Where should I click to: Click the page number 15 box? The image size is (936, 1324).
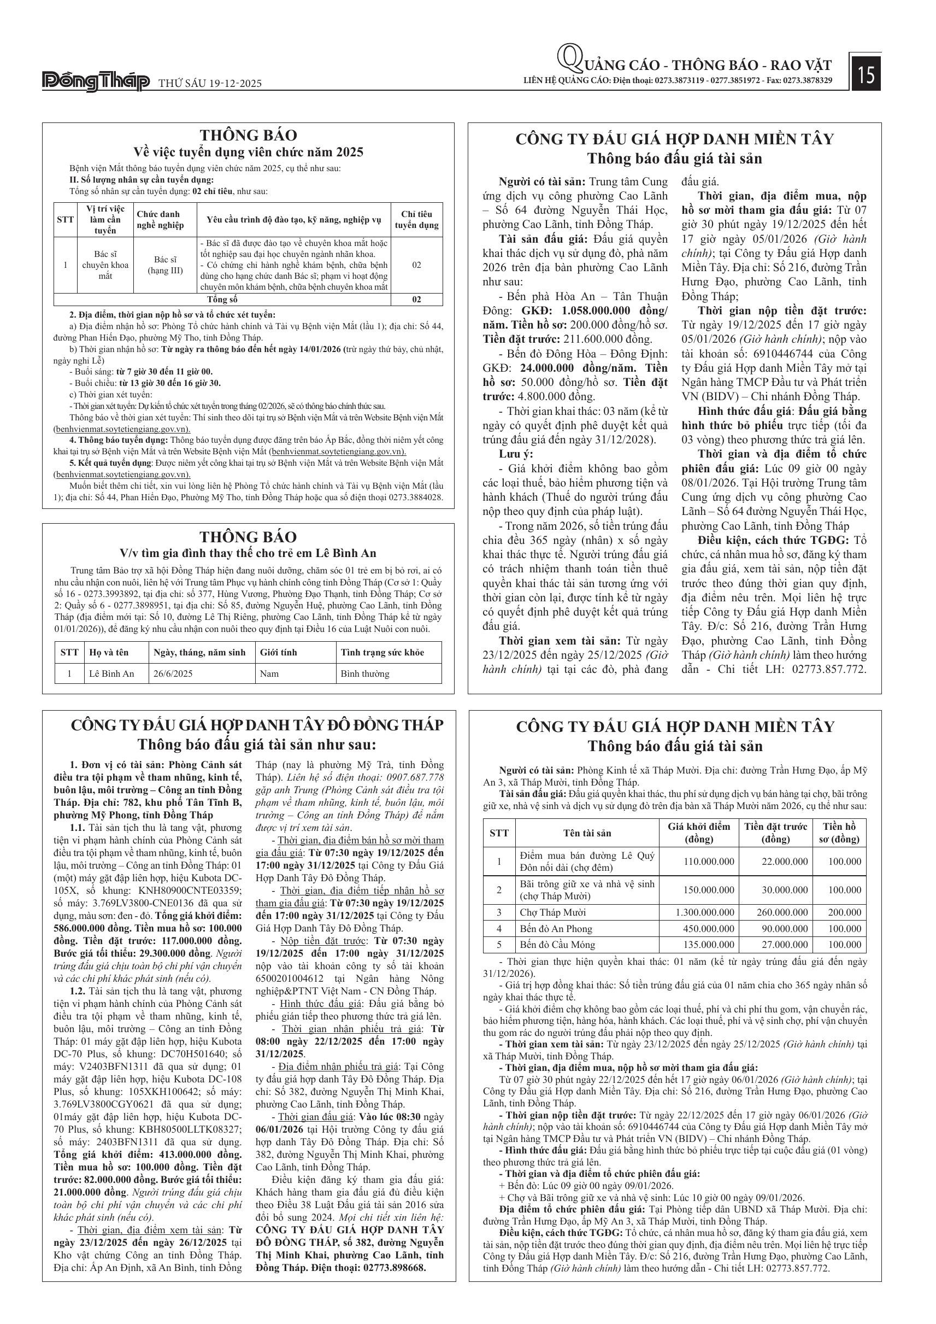(866, 74)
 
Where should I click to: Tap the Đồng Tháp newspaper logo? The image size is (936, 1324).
(96, 82)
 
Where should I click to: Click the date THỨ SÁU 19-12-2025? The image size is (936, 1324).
(210, 84)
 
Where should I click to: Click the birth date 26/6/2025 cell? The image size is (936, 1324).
(173, 673)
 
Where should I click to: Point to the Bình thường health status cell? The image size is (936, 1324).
(365, 673)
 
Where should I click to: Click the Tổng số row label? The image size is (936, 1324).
(222, 299)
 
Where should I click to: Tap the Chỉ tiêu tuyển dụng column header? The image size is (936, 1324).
(416, 220)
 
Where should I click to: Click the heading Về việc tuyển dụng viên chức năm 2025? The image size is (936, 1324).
(249, 151)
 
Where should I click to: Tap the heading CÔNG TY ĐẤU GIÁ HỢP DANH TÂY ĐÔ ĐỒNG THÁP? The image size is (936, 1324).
(249, 725)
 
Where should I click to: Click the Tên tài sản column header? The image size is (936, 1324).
(587, 833)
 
